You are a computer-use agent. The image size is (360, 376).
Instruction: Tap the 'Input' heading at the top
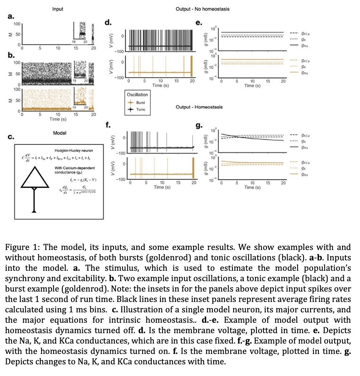[x=57, y=9]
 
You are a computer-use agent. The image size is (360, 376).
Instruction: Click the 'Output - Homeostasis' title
[x=200, y=107]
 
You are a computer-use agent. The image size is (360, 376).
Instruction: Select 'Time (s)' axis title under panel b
[x=58, y=119]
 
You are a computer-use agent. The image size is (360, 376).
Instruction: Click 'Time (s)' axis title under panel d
[x=160, y=85]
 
